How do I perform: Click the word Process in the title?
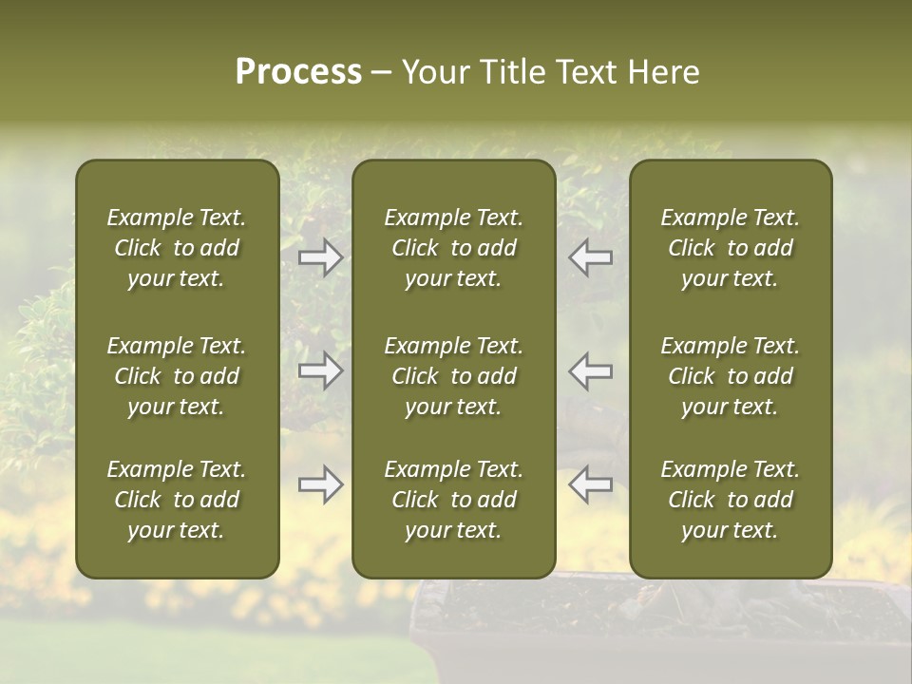(x=298, y=72)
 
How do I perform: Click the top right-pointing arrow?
(x=321, y=256)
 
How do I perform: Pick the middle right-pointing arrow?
(x=321, y=370)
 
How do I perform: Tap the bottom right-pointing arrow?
(x=321, y=484)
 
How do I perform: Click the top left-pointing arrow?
(x=591, y=256)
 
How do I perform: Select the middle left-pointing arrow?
(x=591, y=370)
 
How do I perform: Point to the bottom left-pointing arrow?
(x=591, y=484)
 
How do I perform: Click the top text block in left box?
(x=177, y=248)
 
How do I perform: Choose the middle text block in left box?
(x=177, y=376)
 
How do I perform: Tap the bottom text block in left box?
(x=177, y=500)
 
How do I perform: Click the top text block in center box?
(x=454, y=248)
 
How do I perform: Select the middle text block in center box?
(x=454, y=376)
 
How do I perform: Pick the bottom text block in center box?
(x=454, y=500)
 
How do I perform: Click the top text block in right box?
(x=731, y=248)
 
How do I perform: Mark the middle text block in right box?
(x=731, y=376)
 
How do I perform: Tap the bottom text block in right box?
(x=731, y=500)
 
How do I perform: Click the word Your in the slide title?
(x=433, y=72)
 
